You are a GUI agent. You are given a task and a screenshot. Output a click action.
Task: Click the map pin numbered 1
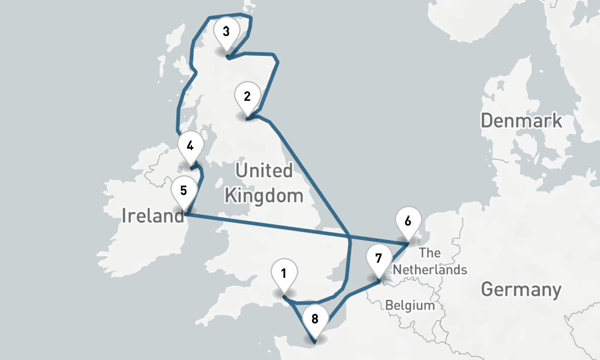283,275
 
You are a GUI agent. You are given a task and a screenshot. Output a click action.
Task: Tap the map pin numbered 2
247,96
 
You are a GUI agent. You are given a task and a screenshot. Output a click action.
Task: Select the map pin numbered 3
226,31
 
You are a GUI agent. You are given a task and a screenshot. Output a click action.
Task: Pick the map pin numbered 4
190,146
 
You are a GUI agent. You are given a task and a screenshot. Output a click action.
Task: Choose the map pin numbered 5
184,191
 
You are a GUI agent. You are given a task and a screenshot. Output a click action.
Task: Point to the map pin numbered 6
408,221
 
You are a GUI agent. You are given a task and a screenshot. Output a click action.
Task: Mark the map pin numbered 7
378,259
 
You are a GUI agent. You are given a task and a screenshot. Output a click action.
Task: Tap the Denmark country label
521,121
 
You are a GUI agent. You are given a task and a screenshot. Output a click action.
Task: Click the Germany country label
521,290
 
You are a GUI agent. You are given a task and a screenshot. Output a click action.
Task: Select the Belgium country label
410,305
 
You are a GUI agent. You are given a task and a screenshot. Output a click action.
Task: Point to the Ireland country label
152,215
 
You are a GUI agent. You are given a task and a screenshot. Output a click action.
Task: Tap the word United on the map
264,171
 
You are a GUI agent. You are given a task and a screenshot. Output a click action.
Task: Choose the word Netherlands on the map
430,269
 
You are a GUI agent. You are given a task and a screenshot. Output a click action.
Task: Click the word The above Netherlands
430,253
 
